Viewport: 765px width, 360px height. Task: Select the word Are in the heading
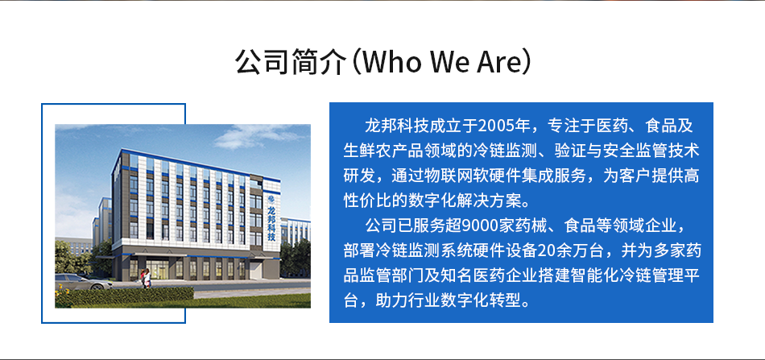[x=497, y=63]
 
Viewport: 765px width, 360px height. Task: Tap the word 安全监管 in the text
[x=635, y=151]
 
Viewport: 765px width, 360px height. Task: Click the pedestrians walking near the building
[x=147, y=278]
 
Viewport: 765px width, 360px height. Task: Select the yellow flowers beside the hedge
[x=62, y=294]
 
